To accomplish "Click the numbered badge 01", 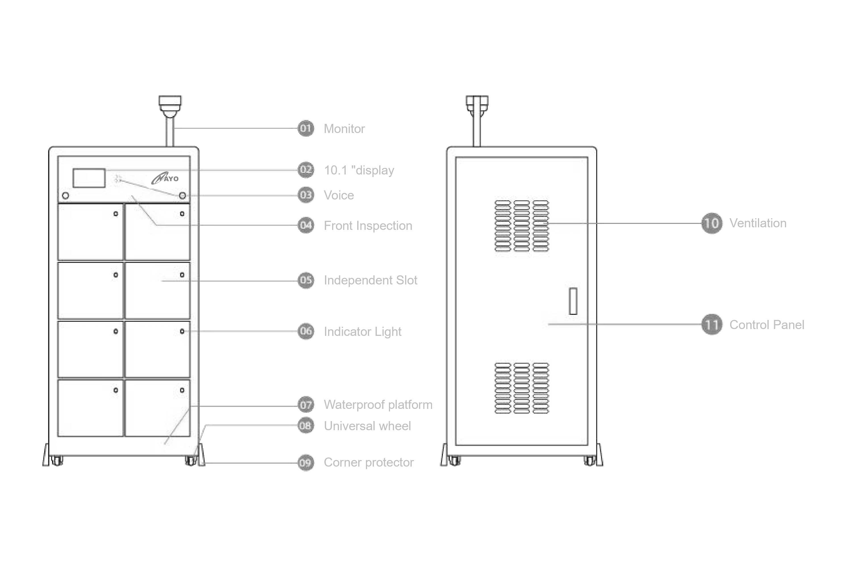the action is click(x=306, y=128).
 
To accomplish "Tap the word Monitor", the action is click(x=344, y=129).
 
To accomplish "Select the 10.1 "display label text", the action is click(x=359, y=170).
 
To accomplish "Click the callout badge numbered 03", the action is click(x=306, y=195).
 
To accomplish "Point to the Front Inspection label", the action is click(x=368, y=226).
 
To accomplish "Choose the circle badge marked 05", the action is click(x=306, y=280).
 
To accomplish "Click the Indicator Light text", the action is click(x=363, y=332).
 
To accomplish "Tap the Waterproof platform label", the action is click(x=378, y=405).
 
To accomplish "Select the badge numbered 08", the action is click(x=306, y=426).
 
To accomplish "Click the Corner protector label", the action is click(x=368, y=463).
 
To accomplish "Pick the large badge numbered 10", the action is click(x=711, y=223).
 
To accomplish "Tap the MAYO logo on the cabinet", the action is click(x=165, y=178).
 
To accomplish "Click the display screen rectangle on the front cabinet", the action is click(x=89, y=178).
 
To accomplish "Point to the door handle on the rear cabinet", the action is click(x=573, y=301).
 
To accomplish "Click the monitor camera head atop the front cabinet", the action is click(x=170, y=105).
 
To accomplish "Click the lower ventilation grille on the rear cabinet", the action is click(x=522, y=388).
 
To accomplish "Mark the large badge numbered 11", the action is click(x=711, y=324).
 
